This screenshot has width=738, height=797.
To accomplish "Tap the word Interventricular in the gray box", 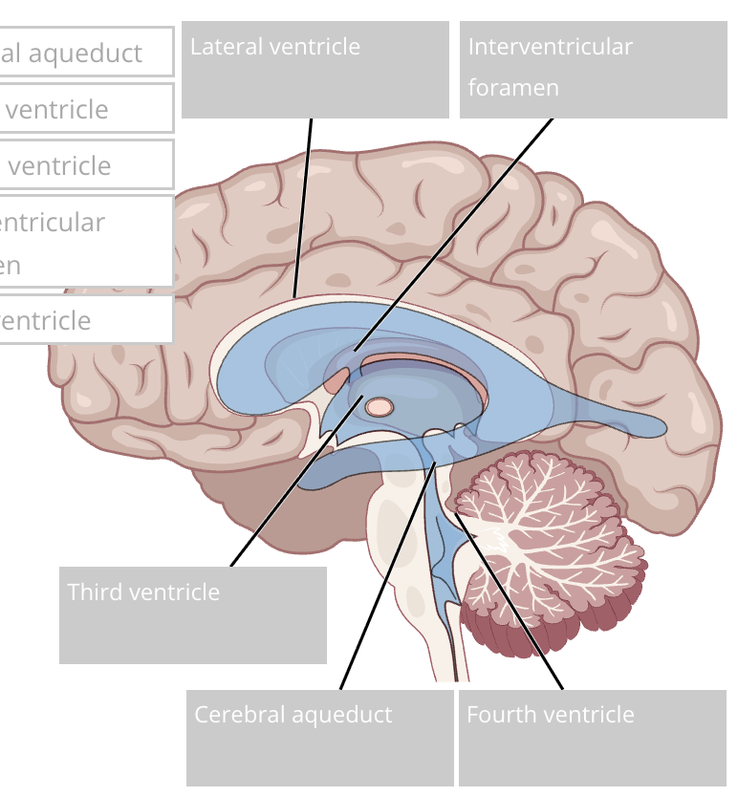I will [x=550, y=47].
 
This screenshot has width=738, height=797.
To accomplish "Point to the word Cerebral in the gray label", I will [x=239, y=715].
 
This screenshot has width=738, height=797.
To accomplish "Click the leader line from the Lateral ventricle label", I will [x=304, y=205].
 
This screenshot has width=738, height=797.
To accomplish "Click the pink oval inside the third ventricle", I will [x=380, y=407].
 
